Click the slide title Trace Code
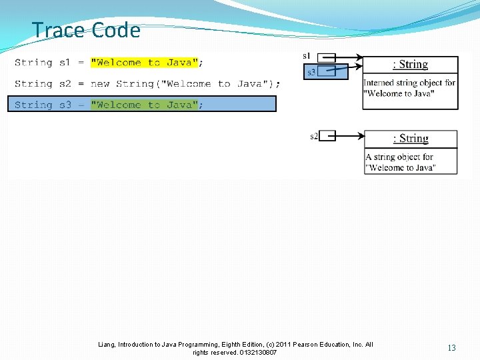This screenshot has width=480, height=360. [86, 30]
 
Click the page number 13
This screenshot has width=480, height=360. [451, 347]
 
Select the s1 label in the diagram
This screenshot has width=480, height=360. [307, 55]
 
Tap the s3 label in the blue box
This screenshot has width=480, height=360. [311, 71]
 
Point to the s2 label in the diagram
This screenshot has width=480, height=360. [313, 136]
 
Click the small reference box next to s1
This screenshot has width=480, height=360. [326, 57]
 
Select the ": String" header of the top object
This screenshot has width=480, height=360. [410, 64]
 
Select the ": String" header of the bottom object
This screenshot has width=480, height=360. [410, 138]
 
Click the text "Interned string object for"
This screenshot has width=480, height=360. [409, 83]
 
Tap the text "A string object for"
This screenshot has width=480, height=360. [399, 157]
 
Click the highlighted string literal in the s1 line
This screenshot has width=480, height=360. [145, 63]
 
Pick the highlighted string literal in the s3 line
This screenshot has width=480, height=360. [145, 105]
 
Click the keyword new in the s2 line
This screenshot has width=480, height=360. [100, 84]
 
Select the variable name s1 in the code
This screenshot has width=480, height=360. [64, 63]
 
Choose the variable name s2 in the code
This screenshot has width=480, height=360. [64, 84]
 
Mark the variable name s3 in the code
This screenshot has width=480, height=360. [64, 105]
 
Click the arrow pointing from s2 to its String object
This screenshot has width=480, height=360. [349, 136]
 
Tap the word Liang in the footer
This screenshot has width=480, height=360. [106, 344]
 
